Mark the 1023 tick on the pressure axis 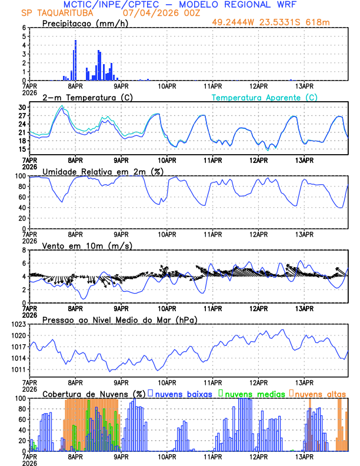(17, 324)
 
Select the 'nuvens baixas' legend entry (183, 394)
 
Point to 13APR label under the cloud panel (304, 456)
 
